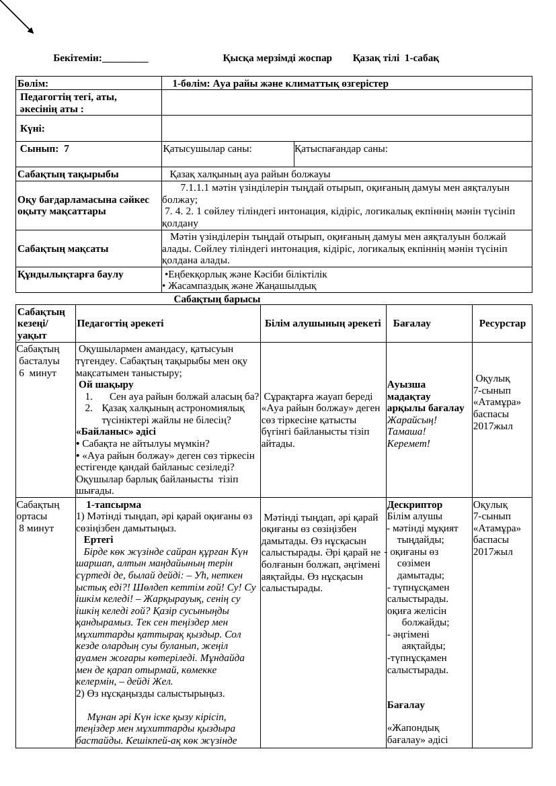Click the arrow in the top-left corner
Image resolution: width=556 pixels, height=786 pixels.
[x=17, y=17]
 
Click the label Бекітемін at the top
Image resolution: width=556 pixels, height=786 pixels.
[x=77, y=58]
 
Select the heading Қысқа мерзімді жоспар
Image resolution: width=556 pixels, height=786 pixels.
[x=277, y=58]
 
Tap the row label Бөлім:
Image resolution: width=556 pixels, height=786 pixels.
[x=33, y=84]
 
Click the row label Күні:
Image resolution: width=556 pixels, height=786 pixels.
[x=32, y=128]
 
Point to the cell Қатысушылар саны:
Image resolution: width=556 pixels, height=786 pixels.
[x=208, y=149]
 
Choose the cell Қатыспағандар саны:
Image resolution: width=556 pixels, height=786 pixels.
[x=342, y=149]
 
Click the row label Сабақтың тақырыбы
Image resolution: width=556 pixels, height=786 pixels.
[x=68, y=175]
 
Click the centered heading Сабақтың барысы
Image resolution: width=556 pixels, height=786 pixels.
[x=217, y=299]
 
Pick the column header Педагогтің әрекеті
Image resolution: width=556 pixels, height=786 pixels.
[x=120, y=323]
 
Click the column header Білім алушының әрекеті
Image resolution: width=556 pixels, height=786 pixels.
[x=323, y=323]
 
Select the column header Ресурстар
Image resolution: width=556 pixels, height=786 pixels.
[x=502, y=323]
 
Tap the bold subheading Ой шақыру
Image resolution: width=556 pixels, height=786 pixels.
[x=106, y=385]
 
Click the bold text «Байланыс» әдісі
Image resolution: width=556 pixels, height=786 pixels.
[x=116, y=432]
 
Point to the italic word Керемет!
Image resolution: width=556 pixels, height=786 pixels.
[x=409, y=443]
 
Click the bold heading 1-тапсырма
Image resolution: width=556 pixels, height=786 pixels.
[x=114, y=505]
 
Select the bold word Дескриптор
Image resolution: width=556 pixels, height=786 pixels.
[x=415, y=505]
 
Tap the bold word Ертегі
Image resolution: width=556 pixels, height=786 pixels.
[x=98, y=539]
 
